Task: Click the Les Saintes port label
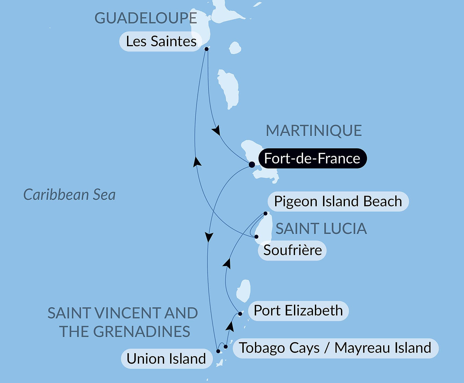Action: click(x=161, y=41)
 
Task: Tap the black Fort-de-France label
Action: click(x=312, y=158)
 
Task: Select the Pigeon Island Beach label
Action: click(x=338, y=201)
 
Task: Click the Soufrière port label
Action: click(x=292, y=250)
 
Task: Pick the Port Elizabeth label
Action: click(x=298, y=311)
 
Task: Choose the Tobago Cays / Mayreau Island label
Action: click(x=335, y=348)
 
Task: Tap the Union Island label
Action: click(x=166, y=359)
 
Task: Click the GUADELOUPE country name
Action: click(x=146, y=18)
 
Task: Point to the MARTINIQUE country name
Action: click(x=314, y=131)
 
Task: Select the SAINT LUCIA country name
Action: click(x=321, y=229)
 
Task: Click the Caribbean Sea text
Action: click(x=69, y=195)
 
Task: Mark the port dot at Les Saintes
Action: click(x=206, y=49)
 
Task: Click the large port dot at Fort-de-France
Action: click(x=252, y=164)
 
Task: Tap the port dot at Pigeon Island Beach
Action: click(x=265, y=214)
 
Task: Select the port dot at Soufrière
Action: click(x=256, y=237)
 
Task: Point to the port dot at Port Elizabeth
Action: click(x=240, y=314)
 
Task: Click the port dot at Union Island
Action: click(x=218, y=351)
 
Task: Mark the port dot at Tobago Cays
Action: click(x=226, y=347)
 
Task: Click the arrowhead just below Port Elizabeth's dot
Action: click(x=230, y=326)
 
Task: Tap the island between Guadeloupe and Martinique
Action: click(x=228, y=89)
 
